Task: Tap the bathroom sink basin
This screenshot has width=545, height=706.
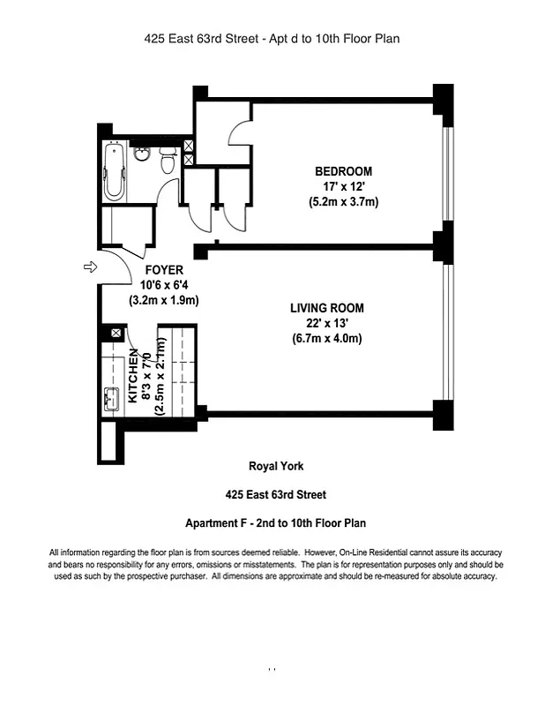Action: coord(143,156)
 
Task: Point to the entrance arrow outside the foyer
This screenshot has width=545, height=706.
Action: coord(89,267)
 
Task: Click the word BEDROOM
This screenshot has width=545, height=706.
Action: coord(343,171)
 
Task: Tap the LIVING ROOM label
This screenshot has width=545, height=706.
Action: coord(326,308)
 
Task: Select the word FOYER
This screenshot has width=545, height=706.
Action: coord(164,269)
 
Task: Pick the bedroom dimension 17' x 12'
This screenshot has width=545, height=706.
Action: coord(343,186)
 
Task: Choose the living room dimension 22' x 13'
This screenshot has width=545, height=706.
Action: coord(326,323)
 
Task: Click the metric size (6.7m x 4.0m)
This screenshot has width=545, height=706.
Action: coord(326,339)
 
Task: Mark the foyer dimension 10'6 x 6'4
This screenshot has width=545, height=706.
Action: coord(164,284)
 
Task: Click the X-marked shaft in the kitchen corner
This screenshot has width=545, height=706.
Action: coord(116,334)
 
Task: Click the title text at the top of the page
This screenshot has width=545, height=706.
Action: coord(272,39)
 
